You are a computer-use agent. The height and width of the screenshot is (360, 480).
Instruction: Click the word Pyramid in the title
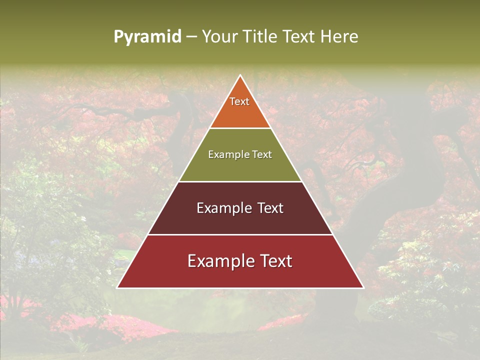point(147,37)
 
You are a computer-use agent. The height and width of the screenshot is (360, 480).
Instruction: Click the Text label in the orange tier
point(239,101)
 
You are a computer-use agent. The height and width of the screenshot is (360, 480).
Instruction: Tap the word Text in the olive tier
point(261,155)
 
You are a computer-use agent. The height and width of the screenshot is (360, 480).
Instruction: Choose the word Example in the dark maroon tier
point(221,208)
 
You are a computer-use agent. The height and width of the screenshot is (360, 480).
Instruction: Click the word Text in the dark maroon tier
point(271,208)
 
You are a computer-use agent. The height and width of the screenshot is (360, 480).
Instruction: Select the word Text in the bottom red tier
point(276,261)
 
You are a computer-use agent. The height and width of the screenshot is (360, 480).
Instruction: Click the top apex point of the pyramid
point(240,75)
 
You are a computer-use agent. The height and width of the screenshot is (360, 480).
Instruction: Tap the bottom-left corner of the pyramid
point(117,287)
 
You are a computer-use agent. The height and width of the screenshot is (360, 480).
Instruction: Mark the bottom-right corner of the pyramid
point(363,287)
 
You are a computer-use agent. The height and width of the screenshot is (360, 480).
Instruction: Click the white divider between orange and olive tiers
point(240,128)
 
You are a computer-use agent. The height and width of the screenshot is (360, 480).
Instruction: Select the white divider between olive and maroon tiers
point(240,181)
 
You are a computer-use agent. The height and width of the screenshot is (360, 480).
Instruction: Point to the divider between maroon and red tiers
point(240,234)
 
